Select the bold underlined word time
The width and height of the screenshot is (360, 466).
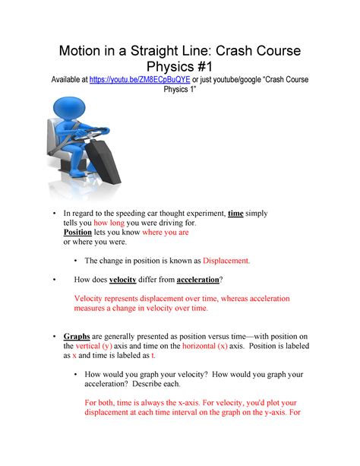[235, 214]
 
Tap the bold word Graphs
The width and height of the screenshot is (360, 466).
[77, 336]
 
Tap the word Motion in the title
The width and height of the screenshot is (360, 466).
[82, 50]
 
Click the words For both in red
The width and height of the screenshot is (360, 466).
[100, 402]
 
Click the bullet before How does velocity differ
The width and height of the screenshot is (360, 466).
[55, 279]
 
